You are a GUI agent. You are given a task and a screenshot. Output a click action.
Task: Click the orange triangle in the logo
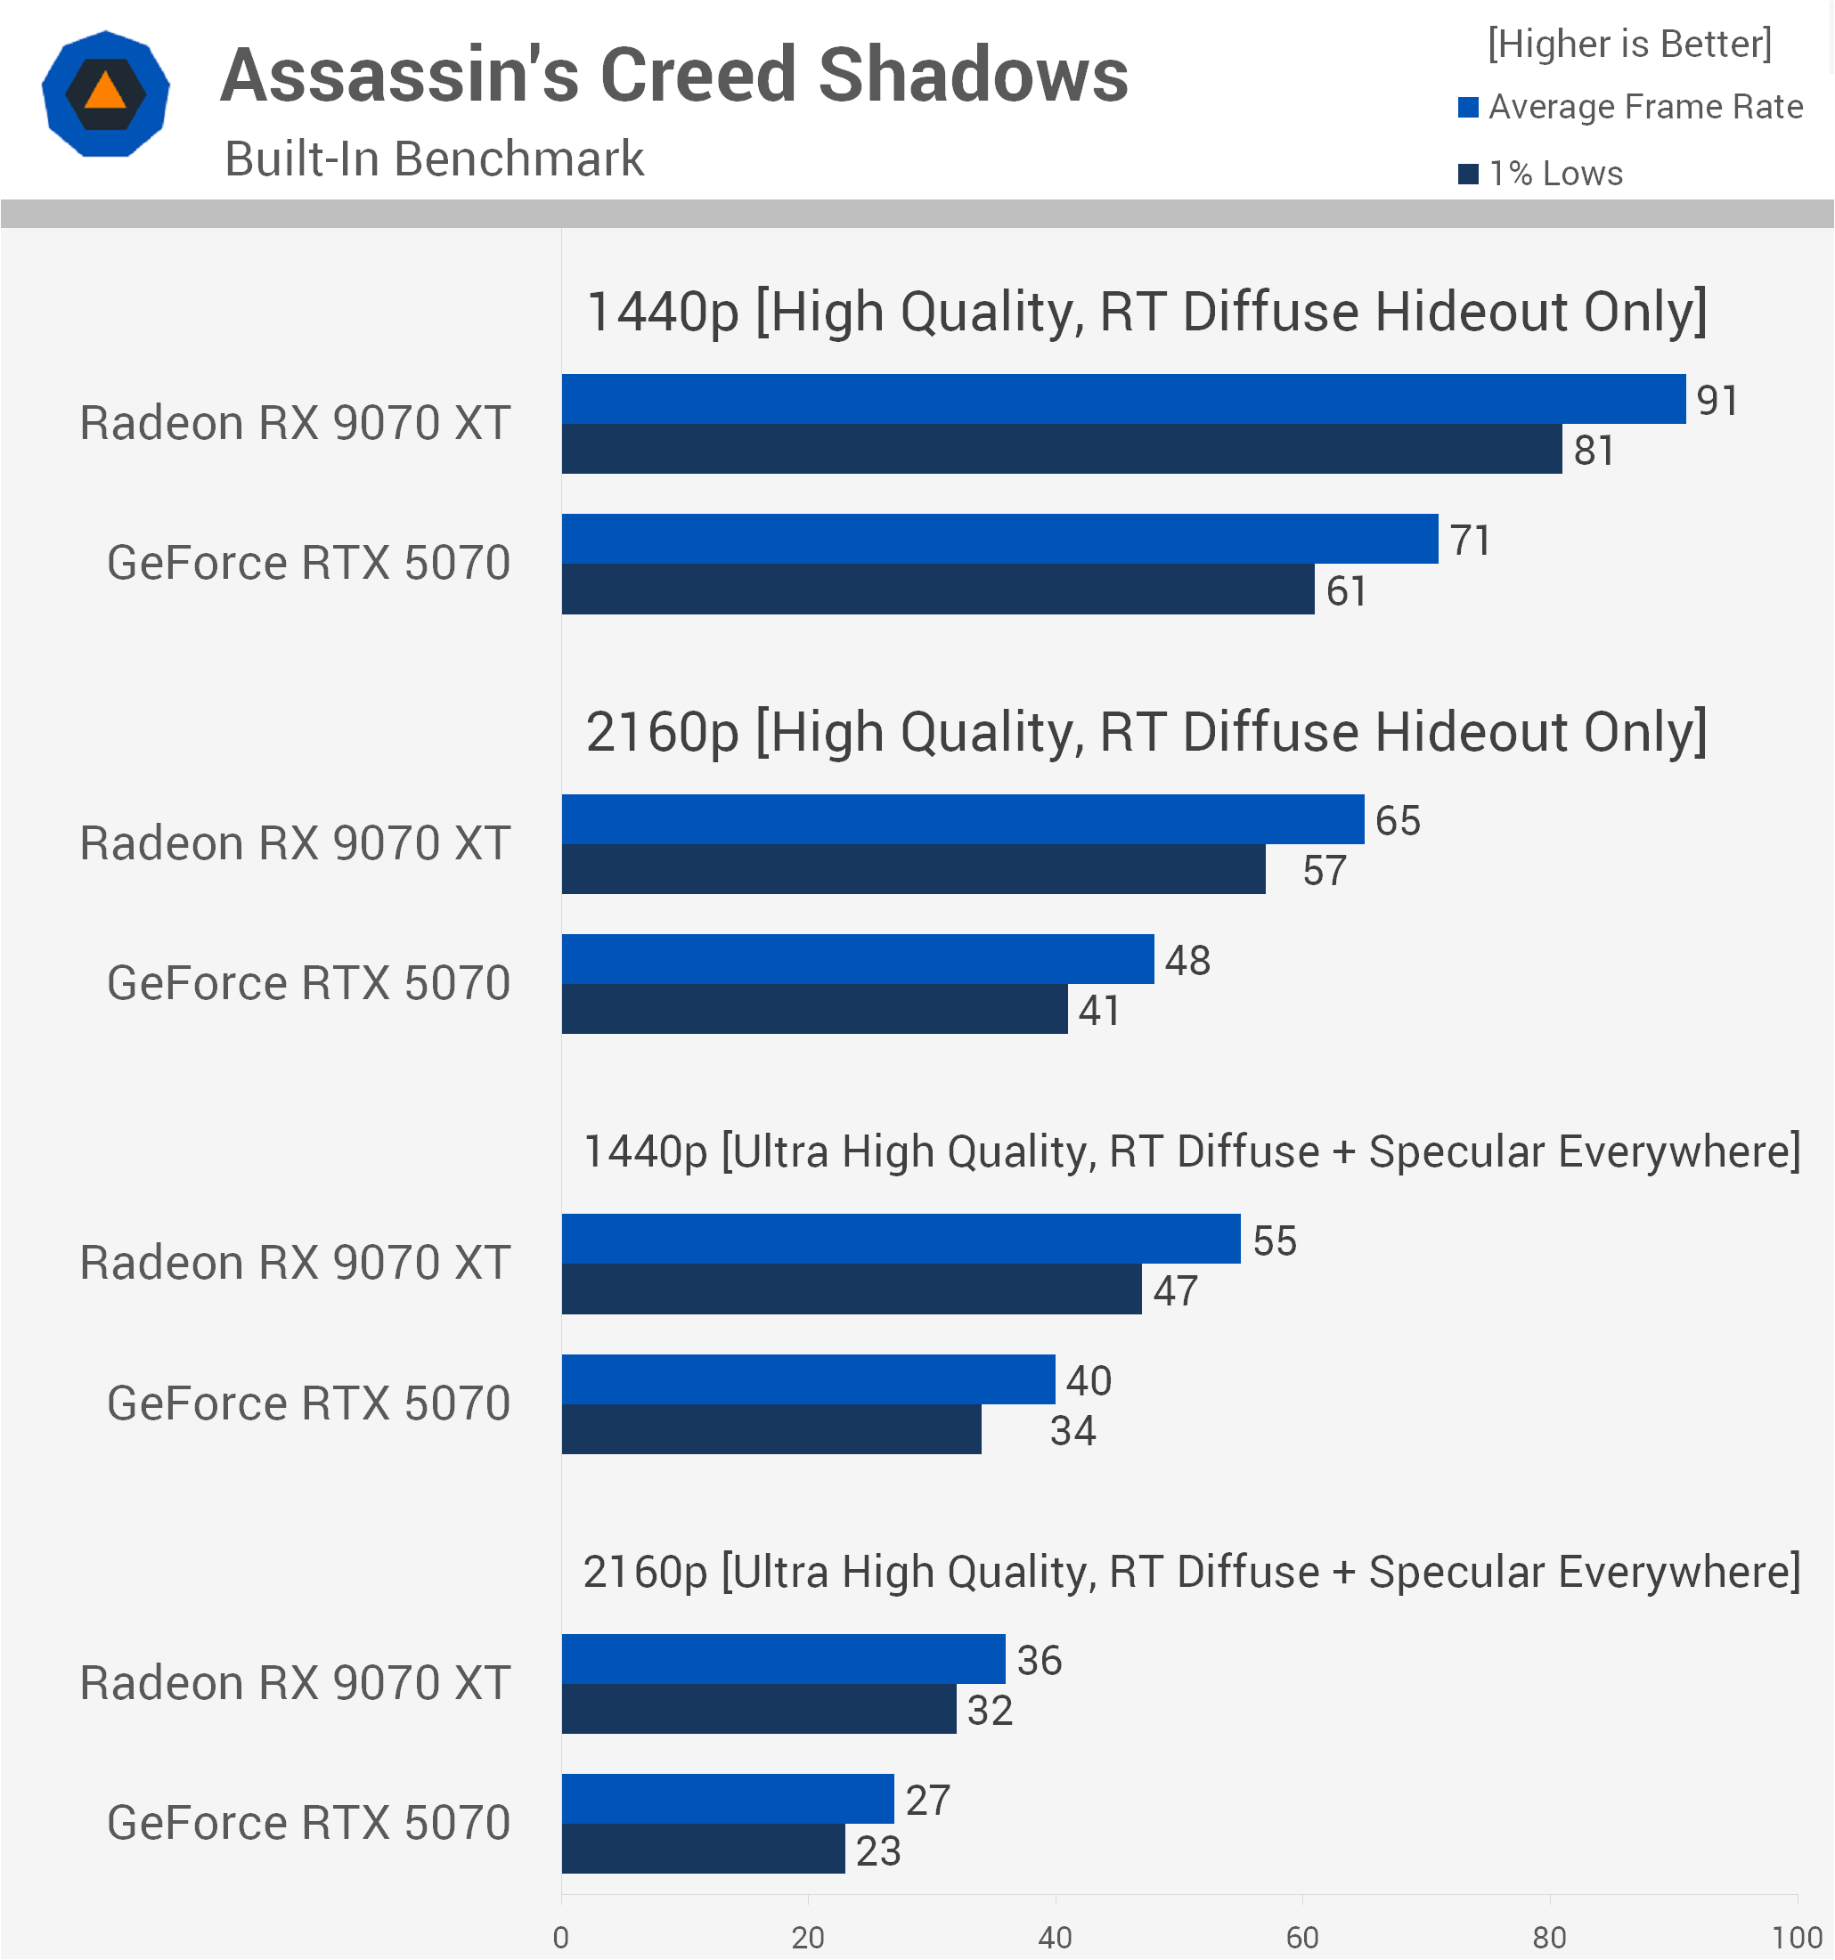tap(105, 92)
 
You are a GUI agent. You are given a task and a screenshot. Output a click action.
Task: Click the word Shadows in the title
tap(974, 75)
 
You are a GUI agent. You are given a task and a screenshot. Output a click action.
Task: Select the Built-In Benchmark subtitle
tap(434, 159)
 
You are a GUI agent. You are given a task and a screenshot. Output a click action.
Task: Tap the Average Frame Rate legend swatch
tap(1468, 108)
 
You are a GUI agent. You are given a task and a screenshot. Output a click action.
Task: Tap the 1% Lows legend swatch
tap(1468, 175)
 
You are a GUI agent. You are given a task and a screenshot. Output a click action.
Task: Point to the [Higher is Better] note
tap(1629, 45)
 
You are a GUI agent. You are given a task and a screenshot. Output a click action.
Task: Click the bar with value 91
tap(1123, 399)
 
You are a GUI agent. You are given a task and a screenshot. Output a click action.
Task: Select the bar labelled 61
tap(938, 590)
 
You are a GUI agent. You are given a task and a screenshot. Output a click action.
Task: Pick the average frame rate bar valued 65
tap(962, 819)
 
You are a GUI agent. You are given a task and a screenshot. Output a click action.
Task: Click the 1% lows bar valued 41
tap(814, 1009)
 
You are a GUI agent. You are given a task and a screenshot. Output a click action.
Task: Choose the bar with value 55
tap(901, 1240)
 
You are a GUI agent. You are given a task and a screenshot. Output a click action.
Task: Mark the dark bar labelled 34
tap(771, 1428)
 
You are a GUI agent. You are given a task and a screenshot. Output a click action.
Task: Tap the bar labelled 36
tap(784, 1659)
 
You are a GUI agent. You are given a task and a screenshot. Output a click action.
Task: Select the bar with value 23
tap(703, 1849)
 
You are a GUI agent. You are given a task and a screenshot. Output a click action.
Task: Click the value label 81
tap(1594, 451)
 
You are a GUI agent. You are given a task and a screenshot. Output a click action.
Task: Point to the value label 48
tap(1187, 960)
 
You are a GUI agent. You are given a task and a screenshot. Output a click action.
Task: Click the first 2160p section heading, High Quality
tap(1146, 733)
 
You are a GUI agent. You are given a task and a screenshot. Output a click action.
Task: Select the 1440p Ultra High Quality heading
tap(1192, 1151)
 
